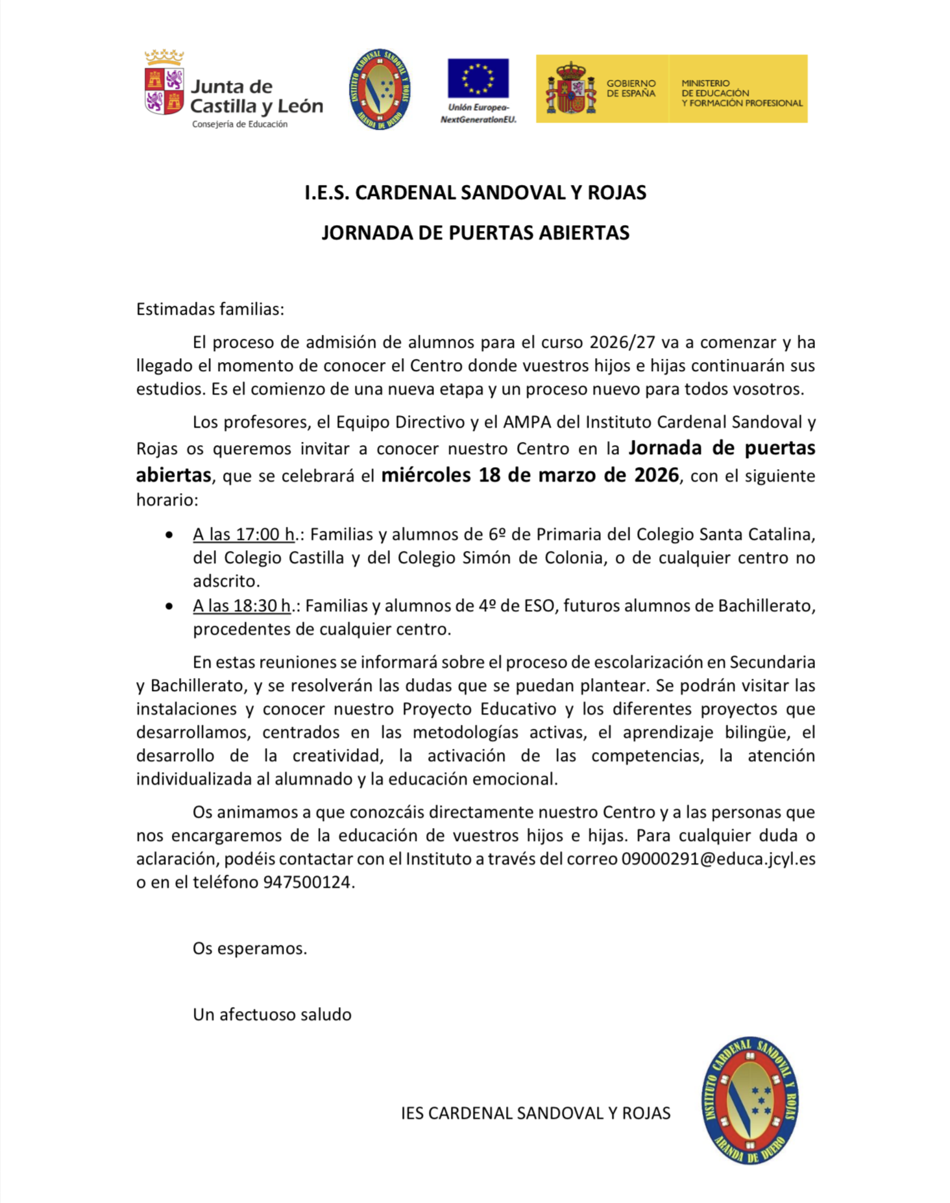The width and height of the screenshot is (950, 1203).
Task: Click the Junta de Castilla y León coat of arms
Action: pyautogui.click(x=164, y=82)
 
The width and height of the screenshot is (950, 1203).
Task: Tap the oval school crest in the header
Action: pyautogui.click(x=380, y=89)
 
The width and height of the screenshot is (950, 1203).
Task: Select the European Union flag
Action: pyautogui.click(x=478, y=79)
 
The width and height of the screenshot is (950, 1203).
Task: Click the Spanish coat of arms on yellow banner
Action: pyautogui.click(x=571, y=89)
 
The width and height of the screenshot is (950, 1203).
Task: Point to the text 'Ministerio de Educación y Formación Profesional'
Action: pyautogui.click(x=741, y=93)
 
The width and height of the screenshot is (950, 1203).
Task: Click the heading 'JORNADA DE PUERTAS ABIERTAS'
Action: pyautogui.click(x=475, y=233)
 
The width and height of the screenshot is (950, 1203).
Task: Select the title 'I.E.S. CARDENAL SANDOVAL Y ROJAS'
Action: pyautogui.click(x=475, y=193)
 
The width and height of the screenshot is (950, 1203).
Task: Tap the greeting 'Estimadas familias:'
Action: pyautogui.click(x=210, y=310)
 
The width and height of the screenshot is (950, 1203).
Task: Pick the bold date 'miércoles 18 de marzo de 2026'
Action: pyautogui.click(x=530, y=476)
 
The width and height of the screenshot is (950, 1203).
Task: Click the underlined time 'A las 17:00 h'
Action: pyautogui.click(x=244, y=535)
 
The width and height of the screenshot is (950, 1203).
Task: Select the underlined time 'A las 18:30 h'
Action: pyautogui.click(x=241, y=606)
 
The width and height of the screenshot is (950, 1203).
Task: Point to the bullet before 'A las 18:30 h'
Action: pyautogui.click(x=169, y=607)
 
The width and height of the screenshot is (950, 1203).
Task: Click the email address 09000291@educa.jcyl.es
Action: pyautogui.click(x=718, y=859)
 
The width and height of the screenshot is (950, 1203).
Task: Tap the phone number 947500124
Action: pyautogui.click(x=306, y=882)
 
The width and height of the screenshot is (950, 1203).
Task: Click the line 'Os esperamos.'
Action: pyautogui.click(x=250, y=949)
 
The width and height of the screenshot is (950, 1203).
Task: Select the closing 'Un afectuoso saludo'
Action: pyautogui.click(x=272, y=1015)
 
